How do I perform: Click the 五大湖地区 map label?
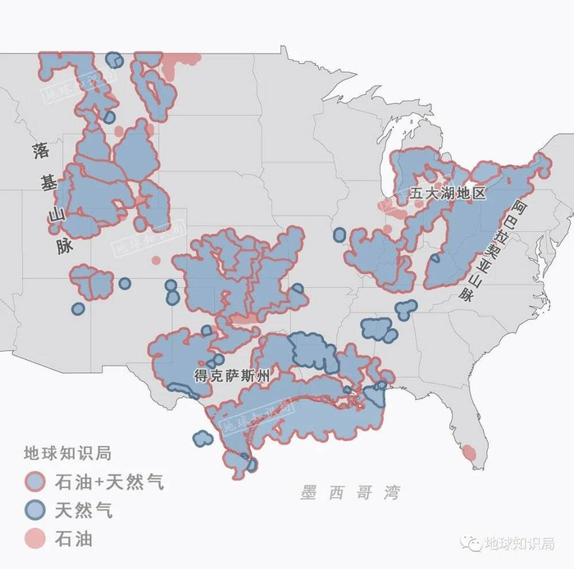click(448, 194)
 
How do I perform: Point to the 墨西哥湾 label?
click(349, 494)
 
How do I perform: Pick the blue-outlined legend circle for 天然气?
click(35, 510)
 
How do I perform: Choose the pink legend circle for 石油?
click(35, 539)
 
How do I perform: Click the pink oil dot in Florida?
click(469, 453)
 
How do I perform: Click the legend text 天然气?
click(84, 510)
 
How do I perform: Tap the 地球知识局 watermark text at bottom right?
click(519, 544)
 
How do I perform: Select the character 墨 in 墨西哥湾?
click(308, 494)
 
